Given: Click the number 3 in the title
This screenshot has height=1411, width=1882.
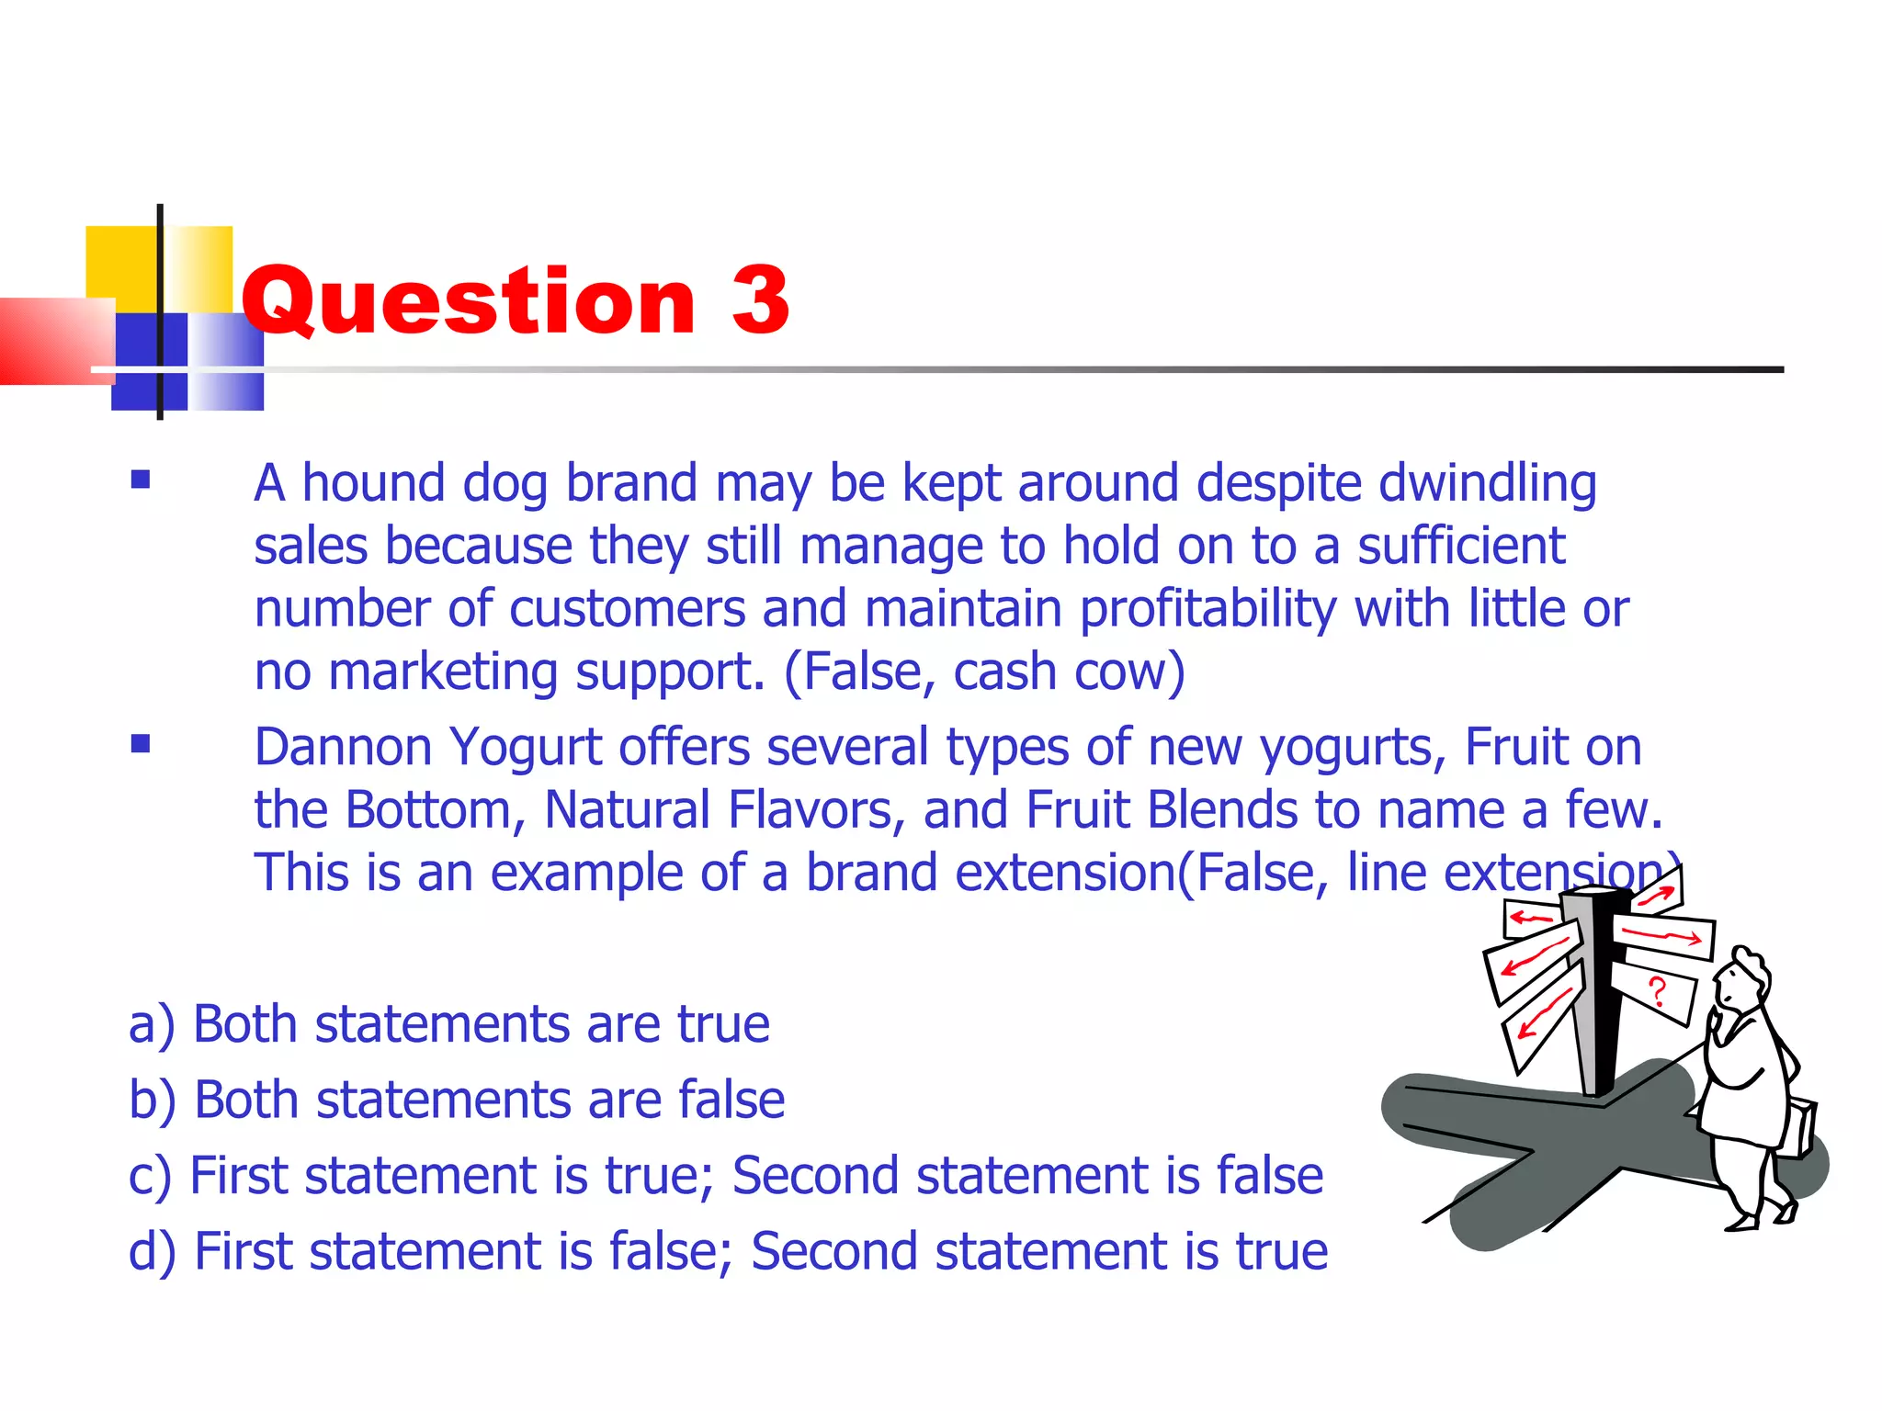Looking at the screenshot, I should tap(760, 299).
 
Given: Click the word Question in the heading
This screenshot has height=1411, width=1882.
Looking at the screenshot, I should tap(469, 301).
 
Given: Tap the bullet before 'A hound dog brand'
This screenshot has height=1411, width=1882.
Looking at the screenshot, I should tap(141, 480).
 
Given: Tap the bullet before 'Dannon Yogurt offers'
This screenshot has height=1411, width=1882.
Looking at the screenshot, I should tap(141, 743).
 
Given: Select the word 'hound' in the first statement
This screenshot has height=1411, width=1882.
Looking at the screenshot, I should tap(373, 483).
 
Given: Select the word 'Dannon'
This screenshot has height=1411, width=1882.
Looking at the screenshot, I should tap(343, 747).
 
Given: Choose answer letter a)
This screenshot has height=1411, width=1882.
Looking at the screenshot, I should tap(151, 1025).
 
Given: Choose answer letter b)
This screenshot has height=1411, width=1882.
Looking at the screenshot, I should tap(152, 1101).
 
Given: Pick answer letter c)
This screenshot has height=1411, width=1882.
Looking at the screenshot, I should tap(150, 1177).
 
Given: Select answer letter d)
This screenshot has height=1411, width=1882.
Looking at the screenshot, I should tap(152, 1252).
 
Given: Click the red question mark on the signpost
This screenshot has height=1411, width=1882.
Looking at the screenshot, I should tap(1657, 992).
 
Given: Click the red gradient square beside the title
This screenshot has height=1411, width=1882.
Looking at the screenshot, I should tap(55, 340).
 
